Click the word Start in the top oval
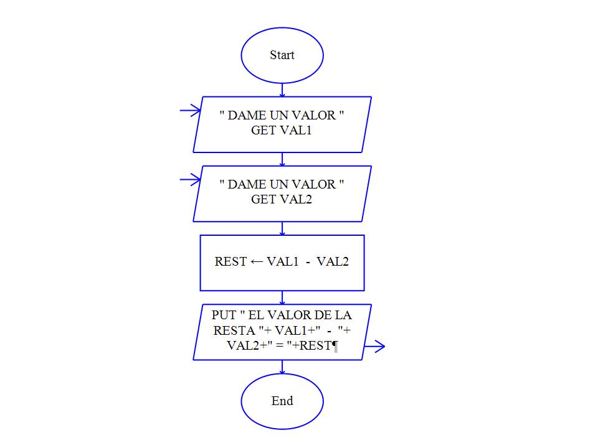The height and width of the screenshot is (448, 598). pos(282,55)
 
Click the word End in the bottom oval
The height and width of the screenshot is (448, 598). pos(282,401)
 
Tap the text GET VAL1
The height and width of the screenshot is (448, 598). pos(282,131)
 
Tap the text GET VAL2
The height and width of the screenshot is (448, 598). pos(282,200)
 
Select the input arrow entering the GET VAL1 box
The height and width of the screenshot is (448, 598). pos(189,111)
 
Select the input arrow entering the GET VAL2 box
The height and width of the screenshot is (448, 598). pos(189,180)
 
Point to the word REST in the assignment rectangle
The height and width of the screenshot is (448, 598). pos(230,262)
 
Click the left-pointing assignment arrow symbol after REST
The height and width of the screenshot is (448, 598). pos(257,262)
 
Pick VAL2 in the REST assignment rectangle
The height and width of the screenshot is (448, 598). pos(333,262)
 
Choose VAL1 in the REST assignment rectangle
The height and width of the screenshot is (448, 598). pos(283,262)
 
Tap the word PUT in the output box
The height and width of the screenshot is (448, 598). pos(224,315)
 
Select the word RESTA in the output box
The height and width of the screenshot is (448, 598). pos(230,331)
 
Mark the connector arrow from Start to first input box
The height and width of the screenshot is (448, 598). pos(282,90)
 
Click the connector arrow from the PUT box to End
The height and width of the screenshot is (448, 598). pos(282,367)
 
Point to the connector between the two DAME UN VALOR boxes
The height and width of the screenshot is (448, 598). pos(282,159)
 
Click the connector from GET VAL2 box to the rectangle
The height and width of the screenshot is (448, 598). pos(282,228)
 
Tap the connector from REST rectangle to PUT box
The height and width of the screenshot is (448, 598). pos(282,297)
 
